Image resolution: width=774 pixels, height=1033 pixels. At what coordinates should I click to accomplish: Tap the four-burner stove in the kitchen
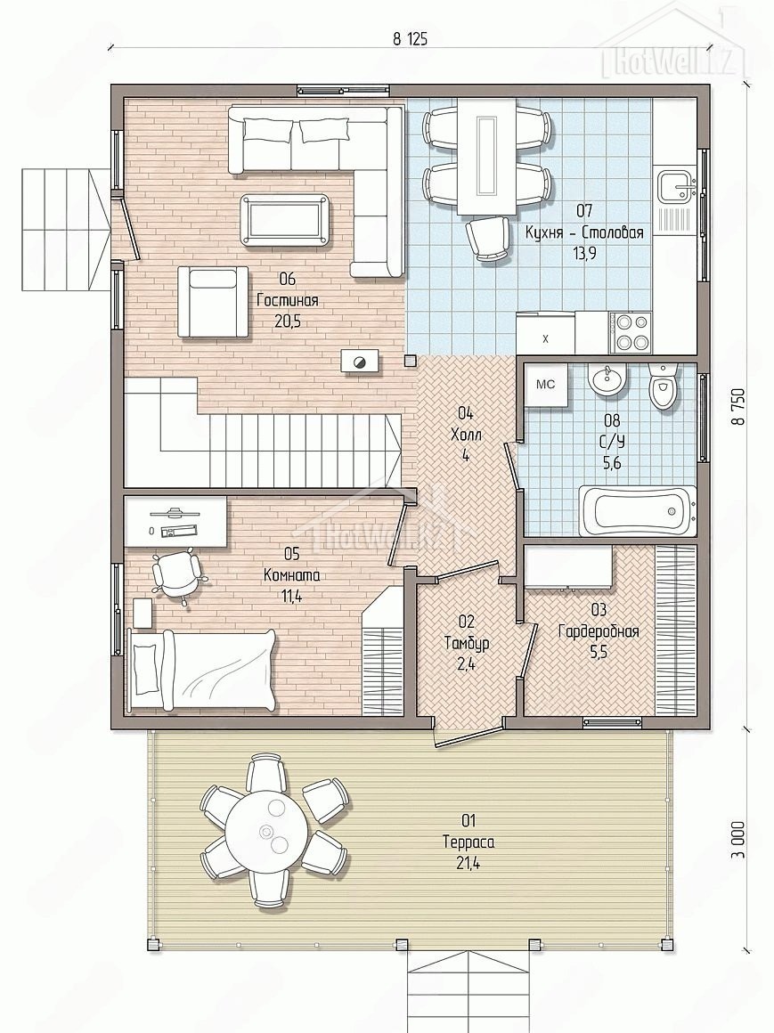pos(631,331)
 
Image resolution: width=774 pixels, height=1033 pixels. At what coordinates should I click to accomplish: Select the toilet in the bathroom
pos(662,386)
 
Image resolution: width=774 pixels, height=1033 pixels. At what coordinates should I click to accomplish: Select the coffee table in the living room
pos(284,219)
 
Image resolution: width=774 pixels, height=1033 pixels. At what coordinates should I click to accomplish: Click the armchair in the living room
pos(212,302)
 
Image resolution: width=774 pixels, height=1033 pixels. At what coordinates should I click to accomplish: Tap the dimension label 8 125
pos(410,39)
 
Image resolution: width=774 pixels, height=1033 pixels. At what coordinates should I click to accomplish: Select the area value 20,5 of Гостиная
pos(287,322)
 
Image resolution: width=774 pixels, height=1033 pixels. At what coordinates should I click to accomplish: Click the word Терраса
pos(468,842)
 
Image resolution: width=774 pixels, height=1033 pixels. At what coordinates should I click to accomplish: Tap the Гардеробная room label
pos(599,631)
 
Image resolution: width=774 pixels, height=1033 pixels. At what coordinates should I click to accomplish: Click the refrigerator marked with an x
pos(545,333)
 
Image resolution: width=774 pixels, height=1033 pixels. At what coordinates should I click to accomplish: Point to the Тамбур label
pos(467,643)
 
